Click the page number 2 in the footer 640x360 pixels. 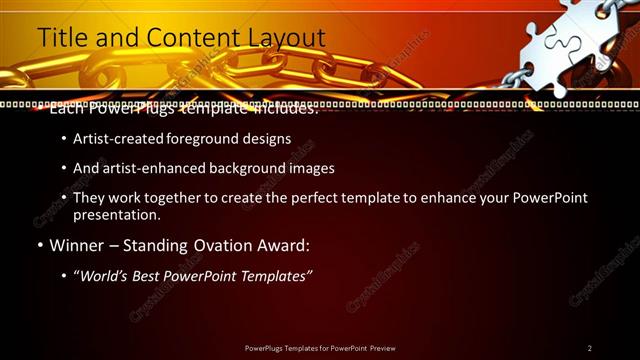point(589,348)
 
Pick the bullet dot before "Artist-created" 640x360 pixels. point(65,140)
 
